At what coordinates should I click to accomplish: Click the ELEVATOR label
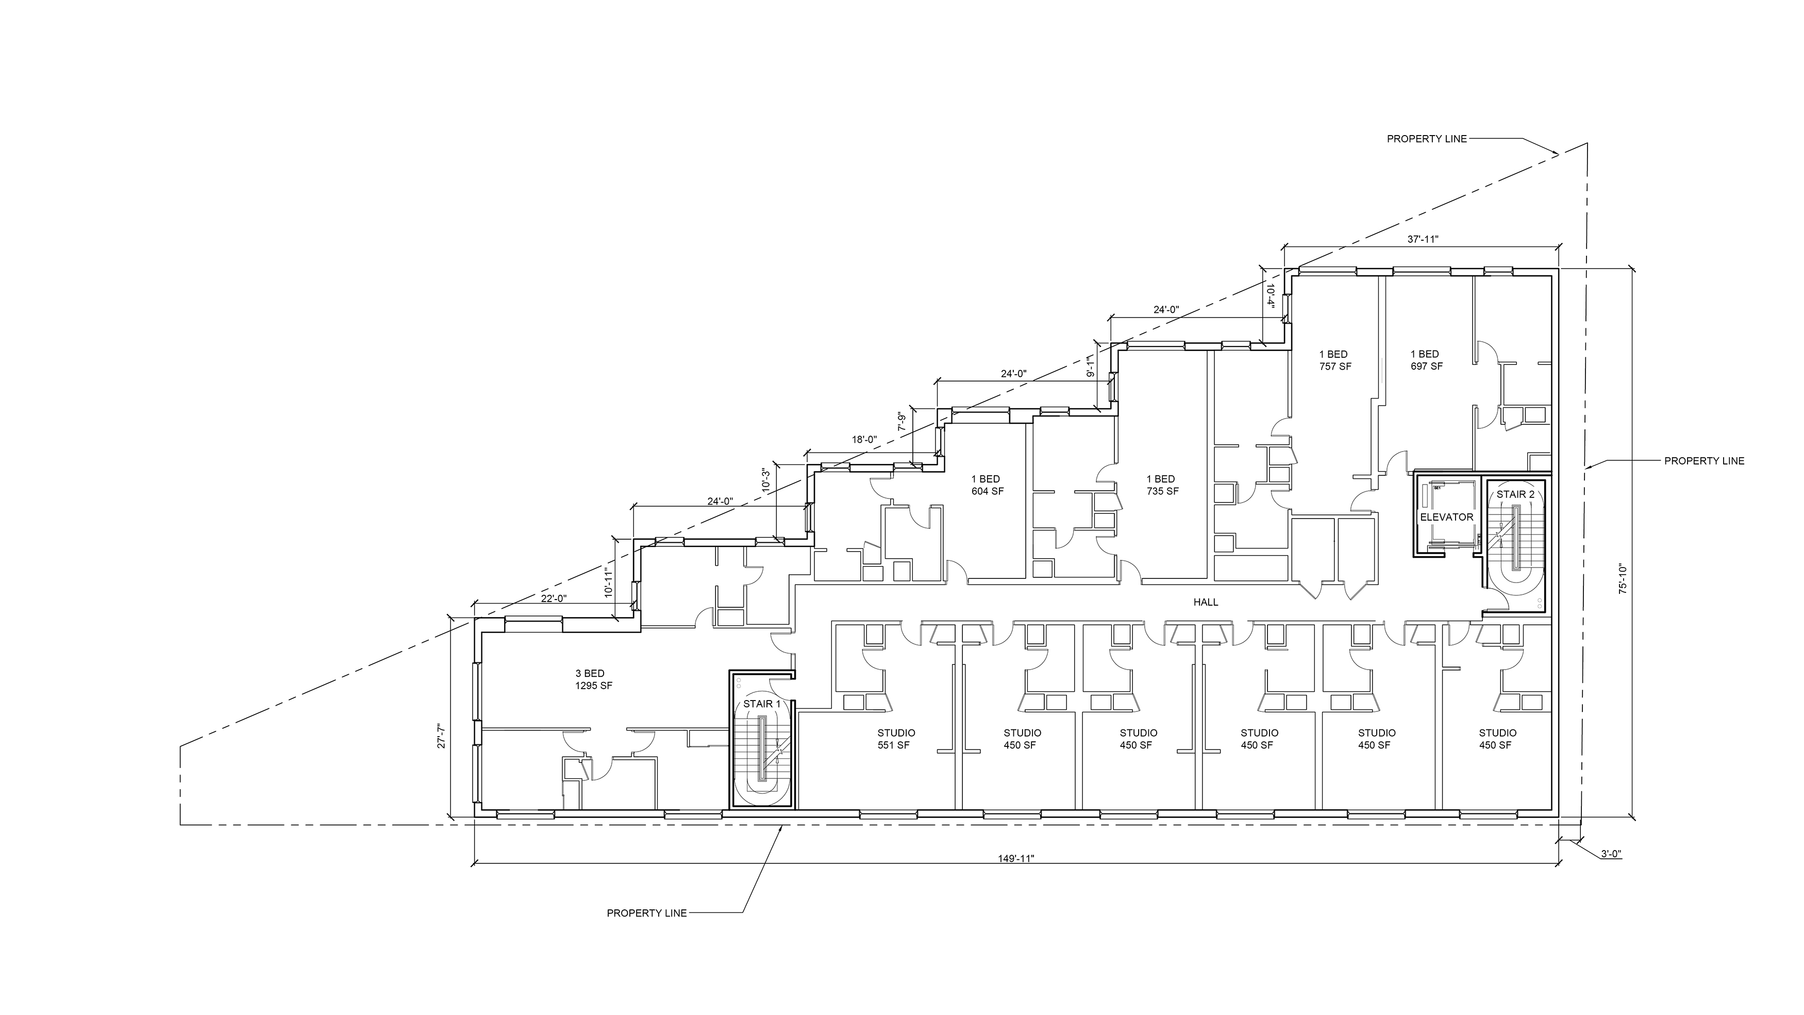(1446, 517)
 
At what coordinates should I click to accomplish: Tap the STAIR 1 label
(761, 704)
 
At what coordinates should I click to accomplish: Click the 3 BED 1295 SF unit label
(594, 679)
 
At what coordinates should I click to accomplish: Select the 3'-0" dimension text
(1611, 873)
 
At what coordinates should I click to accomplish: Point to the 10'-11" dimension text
(609, 581)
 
